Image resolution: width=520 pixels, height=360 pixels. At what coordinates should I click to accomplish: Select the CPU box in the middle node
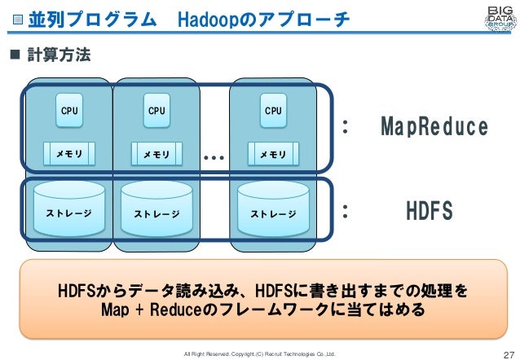coord(156,112)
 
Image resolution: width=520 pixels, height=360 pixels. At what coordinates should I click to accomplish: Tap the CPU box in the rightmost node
coord(273,112)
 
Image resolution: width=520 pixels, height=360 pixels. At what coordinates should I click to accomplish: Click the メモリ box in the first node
coord(69,152)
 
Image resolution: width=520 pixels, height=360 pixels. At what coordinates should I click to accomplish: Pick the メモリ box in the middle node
coord(156,152)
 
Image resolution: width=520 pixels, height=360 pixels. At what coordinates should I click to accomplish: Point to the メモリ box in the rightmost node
coord(273,152)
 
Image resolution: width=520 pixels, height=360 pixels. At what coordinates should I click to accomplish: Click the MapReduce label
coord(434,128)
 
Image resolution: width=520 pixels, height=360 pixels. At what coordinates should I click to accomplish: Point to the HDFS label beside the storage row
coord(429,212)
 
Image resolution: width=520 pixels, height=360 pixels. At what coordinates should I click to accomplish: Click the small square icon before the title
coord(18,19)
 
